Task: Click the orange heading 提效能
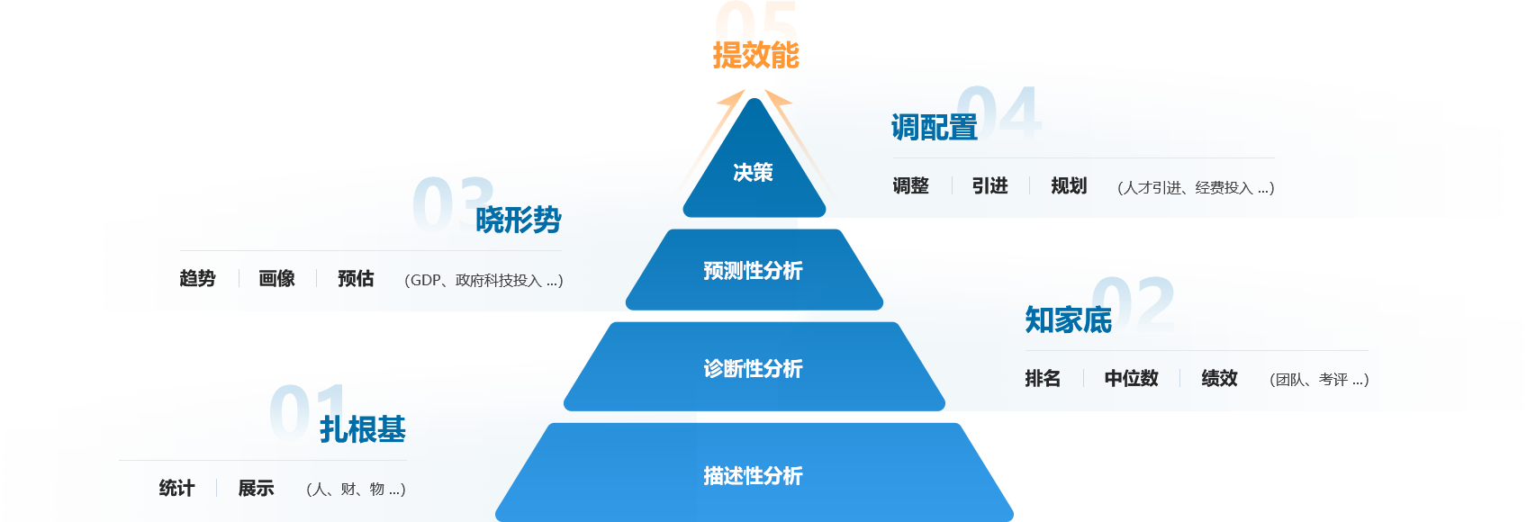(756, 55)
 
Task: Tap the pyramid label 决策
(753, 172)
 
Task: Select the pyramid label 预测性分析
(753, 270)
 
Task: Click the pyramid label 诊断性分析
(753, 368)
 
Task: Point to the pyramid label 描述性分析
(753, 475)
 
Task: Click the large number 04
(998, 114)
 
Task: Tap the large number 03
(454, 205)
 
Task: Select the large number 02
(1134, 305)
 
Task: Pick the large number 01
(307, 413)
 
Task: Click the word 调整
(910, 186)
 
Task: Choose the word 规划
(1069, 186)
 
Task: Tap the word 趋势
(197, 279)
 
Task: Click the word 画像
(276, 279)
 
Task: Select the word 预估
(356, 279)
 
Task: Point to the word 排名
(1043, 379)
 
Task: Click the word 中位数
(1131, 379)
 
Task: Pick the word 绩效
(1219, 379)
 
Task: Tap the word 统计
(176, 489)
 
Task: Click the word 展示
(256, 489)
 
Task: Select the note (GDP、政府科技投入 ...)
(483, 281)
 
